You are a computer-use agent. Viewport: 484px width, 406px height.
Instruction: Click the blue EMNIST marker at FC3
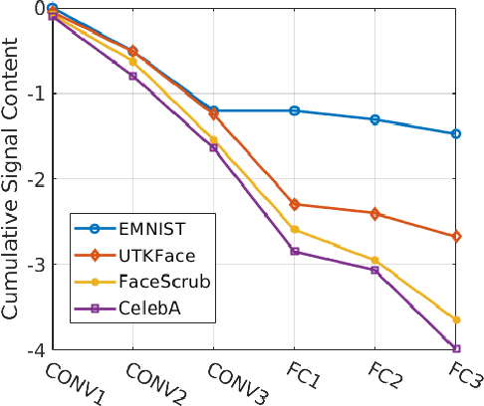click(x=456, y=133)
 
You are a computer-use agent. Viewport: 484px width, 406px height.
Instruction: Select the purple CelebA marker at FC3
click(x=456, y=348)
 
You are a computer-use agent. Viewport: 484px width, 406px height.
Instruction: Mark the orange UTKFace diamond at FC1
click(x=295, y=204)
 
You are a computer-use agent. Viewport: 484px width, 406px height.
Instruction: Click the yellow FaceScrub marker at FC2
click(x=375, y=260)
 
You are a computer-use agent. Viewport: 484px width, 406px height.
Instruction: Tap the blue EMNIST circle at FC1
click(x=295, y=110)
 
